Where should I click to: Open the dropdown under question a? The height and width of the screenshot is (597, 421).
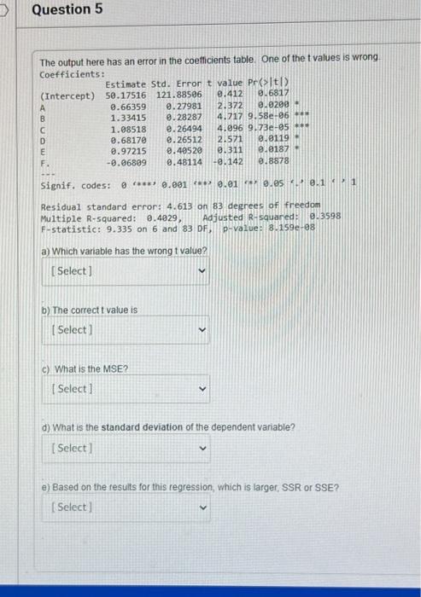pos(128,271)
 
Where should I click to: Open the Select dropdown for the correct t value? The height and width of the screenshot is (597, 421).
pos(128,330)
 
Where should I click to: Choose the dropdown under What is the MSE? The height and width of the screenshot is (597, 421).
pos(128,389)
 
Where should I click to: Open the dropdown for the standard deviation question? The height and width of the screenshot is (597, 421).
pos(128,448)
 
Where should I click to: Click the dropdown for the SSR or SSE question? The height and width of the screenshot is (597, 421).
pos(128,507)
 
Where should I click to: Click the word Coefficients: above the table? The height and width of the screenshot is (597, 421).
pos(72,73)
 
